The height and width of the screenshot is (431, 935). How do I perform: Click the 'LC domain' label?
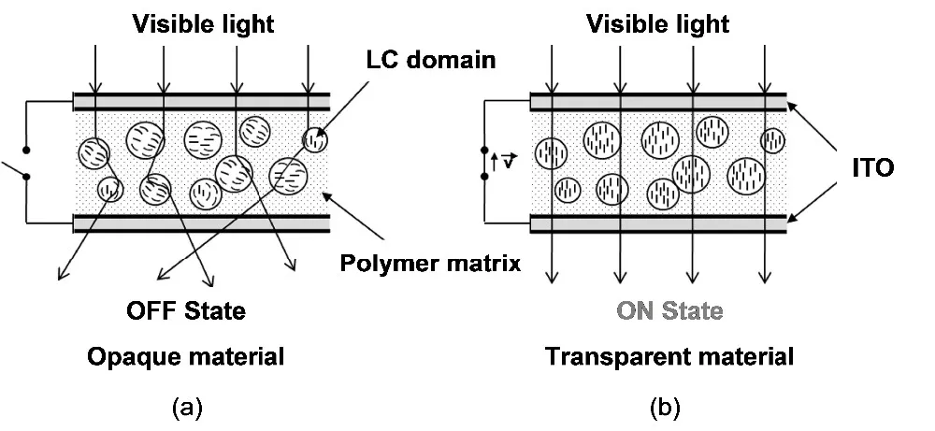tap(431, 60)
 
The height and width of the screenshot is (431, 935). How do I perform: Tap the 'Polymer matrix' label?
tap(430, 263)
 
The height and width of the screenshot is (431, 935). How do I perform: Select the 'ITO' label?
tap(873, 168)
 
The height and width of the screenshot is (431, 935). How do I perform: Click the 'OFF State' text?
tap(186, 310)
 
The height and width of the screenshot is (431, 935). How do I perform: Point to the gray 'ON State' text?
tap(669, 310)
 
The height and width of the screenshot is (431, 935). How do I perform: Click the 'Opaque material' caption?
tap(185, 357)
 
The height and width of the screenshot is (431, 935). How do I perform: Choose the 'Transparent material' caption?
tap(669, 357)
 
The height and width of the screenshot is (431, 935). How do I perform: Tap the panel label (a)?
tap(187, 409)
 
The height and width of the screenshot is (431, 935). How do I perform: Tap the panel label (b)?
tap(665, 409)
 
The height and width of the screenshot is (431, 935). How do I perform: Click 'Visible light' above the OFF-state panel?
tap(203, 24)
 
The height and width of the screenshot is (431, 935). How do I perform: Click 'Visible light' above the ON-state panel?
tap(657, 24)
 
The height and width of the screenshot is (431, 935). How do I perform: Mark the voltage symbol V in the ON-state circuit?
tap(508, 161)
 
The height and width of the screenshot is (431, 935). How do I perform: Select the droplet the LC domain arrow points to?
tap(315, 140)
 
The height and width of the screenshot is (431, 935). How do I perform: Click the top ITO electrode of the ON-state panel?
tap(658, 103)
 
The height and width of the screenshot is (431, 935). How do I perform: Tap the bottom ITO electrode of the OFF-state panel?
tap(202, 223)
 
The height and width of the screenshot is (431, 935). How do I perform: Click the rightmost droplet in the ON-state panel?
tap(772, 140)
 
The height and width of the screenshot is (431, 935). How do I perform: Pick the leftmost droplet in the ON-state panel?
tap(551, 154)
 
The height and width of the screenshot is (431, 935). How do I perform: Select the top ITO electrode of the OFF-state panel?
tap(202, 102)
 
